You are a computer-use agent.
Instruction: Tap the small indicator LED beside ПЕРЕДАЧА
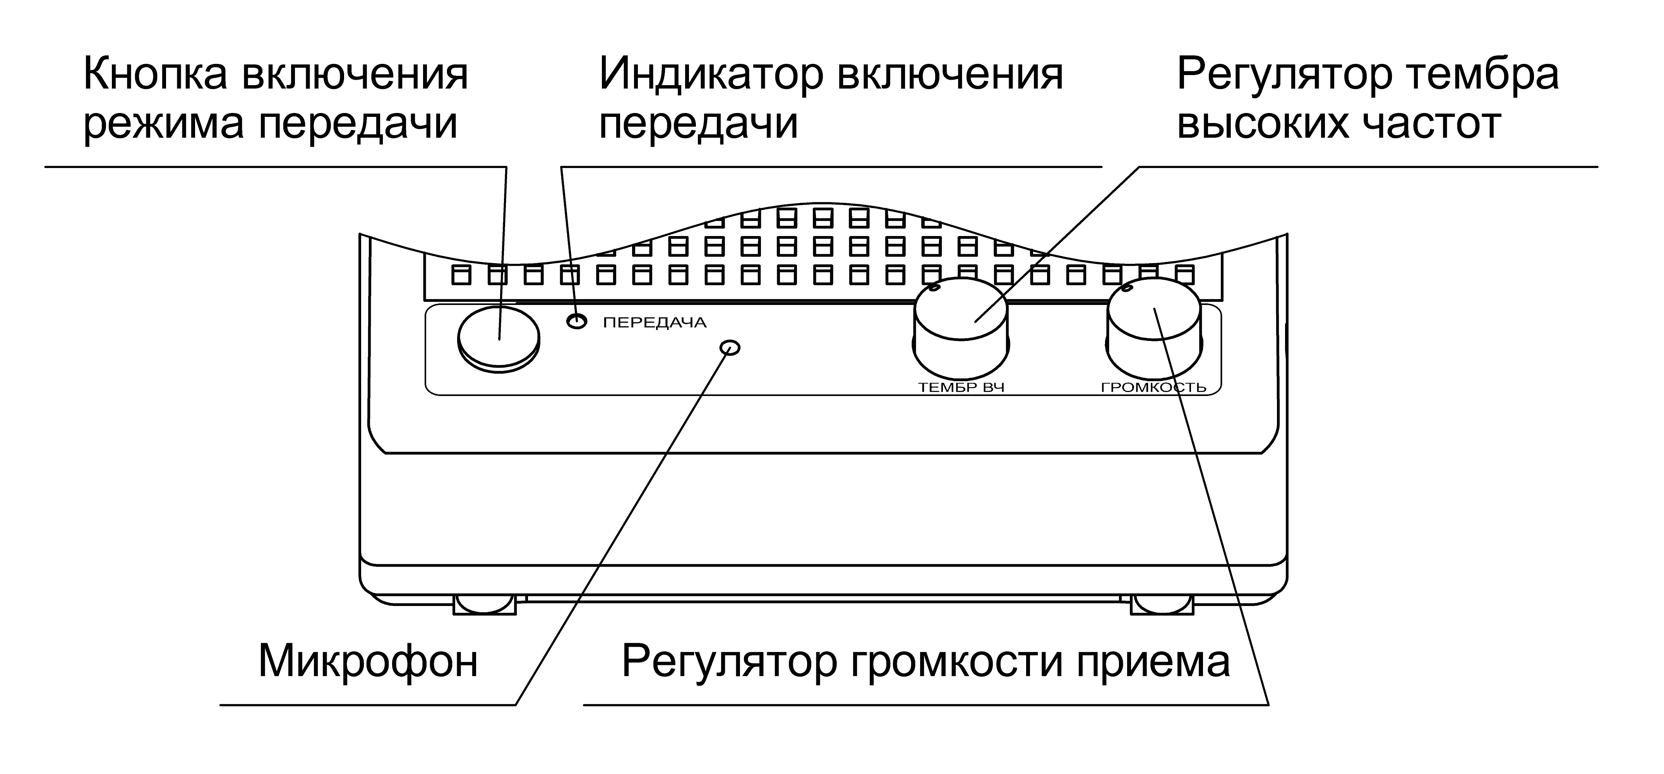point(577,320)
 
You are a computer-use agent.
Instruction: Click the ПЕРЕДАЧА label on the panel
point(655,322)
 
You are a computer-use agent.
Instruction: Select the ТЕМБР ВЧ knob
point(961,320)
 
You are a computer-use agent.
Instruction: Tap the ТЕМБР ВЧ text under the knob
point(961,388)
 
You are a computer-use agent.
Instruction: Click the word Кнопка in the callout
point(155,74)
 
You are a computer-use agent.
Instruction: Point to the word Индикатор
point(711,74)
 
